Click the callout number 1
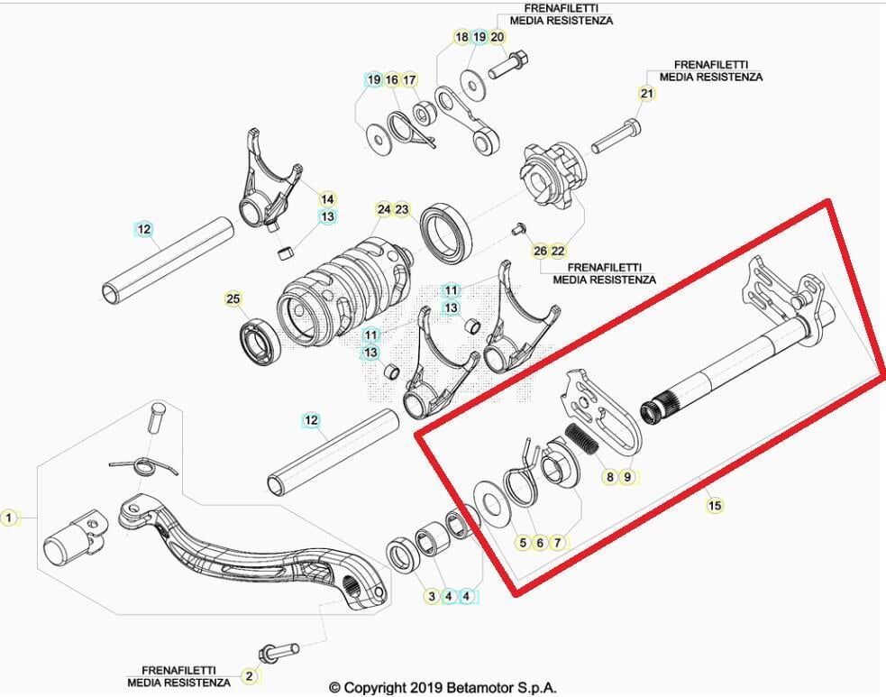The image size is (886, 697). (9, 518)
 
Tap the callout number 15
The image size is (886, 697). (714, 506)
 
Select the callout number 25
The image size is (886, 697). (233, 298)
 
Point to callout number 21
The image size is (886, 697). (647, 94)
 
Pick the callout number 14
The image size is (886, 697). (327, 199)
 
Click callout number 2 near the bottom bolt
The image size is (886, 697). (250, 675)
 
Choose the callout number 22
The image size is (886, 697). (558, 250)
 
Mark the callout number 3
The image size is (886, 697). (431, 596)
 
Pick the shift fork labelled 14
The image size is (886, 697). (267, 188)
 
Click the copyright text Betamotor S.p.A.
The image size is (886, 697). (443, 687)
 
